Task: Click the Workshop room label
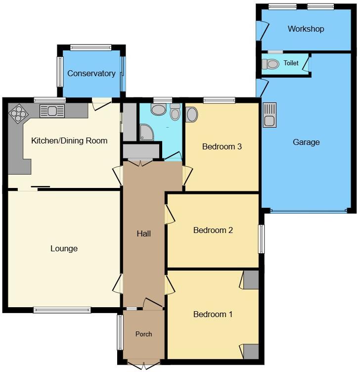click(x=306, y=29)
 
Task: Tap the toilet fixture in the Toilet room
click(x=270, y=64)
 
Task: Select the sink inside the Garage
click(x=270, y=115)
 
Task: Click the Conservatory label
click(x=91, y=74)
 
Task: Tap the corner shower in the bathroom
click(x=147, y=132)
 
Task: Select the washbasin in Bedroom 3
click(x=192, y=115)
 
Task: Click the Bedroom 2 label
click(x=213, y=230)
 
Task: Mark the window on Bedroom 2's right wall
click(x=261, y=239)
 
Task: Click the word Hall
click(x=144, y=233)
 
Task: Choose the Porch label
click(x=143, y=334)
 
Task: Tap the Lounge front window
click(x=62, y=310)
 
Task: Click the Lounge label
click(x=64, y=248)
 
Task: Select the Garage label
click(x=306, y=142)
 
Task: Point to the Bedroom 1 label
click(x=213, y=314)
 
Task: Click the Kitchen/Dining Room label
click(x=69, y=140)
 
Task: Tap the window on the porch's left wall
click(x=120, y=332)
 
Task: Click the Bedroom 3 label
click(x=222, y=146)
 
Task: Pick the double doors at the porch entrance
click(x=143, y=365)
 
